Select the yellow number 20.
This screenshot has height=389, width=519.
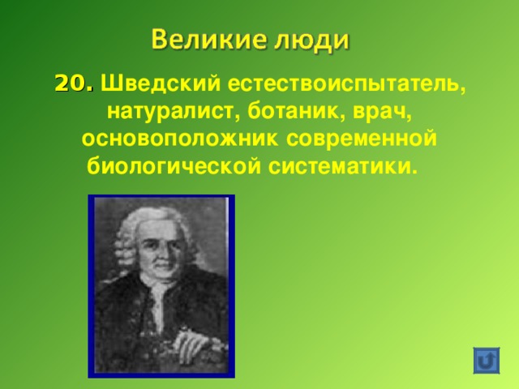tap(74, 83)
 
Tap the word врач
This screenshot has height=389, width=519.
tap(378, 112)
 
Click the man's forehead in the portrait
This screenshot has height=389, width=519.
tap(149, 224)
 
